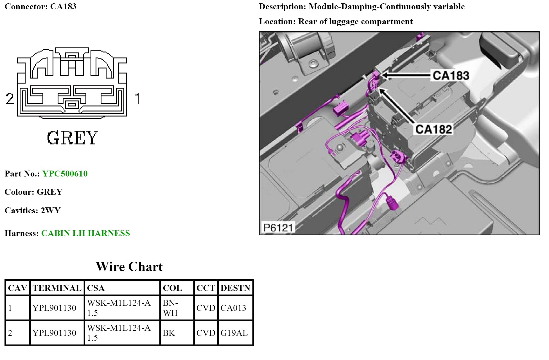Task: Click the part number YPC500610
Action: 65,174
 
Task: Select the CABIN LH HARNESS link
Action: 85,233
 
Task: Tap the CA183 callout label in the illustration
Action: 451,76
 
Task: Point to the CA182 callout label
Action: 434,129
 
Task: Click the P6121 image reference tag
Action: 278,227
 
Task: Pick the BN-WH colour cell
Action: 170,308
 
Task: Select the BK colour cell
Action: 169,333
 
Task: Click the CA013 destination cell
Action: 233,308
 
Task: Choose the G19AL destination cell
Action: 234,333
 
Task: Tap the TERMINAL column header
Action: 57,288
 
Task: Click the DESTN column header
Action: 235,288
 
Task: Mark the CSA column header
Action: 96,288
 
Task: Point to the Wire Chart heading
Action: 129,267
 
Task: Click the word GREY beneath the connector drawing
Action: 73,138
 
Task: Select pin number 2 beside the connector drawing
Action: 10,99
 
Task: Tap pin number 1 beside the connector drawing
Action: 137,99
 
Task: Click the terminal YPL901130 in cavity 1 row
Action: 54,308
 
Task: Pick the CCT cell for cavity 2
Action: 206,333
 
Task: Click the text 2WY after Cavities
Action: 51,210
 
